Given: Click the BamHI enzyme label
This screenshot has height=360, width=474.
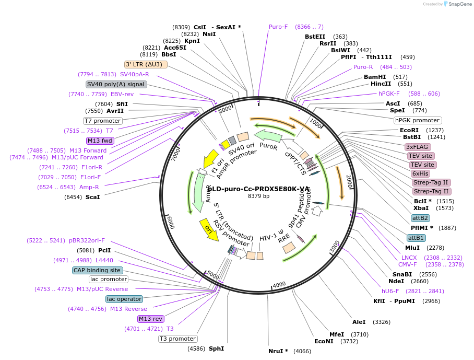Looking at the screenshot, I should pos(375,77).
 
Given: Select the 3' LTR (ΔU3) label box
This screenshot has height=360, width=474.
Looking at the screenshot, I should pos(146,64).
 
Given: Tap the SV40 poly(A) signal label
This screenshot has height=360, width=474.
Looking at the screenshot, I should pos(116,84).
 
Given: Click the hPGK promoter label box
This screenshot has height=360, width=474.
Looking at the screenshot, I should pos(418,120).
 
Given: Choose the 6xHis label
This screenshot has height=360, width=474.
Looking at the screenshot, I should pos(420,173).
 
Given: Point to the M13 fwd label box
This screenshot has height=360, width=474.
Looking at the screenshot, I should pos(100,141).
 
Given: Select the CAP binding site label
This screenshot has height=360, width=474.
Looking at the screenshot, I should pos(98,270).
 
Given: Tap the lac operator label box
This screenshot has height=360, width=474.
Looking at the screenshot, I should pos(124,299).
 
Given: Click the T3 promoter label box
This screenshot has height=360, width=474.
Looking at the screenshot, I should pos(178,339).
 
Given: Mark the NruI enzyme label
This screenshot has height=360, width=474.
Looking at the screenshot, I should pos(278,351).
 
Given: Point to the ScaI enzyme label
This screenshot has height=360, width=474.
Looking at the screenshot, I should pos(92,197).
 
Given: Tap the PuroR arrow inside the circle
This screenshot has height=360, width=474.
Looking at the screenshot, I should pos(267,141).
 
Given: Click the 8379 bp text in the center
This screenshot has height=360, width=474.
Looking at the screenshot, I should pos(258,196).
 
